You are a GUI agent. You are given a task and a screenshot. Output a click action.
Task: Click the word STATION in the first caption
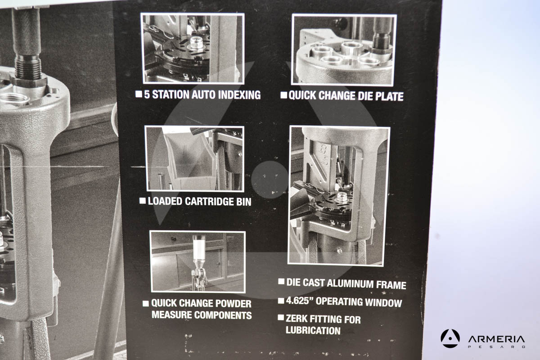click(x=171, y=94)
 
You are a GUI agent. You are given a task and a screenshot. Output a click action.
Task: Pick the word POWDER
click(x=234, y=304)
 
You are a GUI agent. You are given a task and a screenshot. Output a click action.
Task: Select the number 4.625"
click(x=300, y=301)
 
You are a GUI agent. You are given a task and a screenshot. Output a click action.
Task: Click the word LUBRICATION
click(x=313, y=330)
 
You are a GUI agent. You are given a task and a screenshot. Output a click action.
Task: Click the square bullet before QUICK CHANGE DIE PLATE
click(x=284, y=95)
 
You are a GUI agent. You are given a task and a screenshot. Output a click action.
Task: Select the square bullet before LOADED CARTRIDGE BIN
click(x=143, y=201)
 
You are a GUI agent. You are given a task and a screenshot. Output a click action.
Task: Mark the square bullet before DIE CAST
click(x=281, y=282)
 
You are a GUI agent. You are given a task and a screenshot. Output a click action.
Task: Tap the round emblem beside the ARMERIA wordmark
click(x=450, y=338)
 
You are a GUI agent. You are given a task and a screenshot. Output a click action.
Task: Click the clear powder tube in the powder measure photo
click(x=199, y=249)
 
